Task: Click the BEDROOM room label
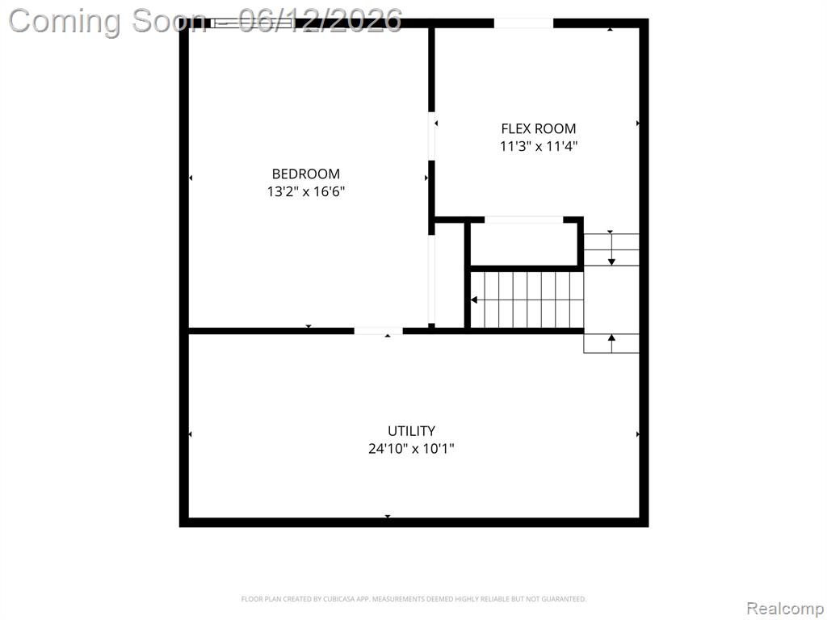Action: pos(306,174)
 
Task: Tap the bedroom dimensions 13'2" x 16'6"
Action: pos(306,191)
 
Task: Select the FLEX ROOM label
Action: pos(539,128)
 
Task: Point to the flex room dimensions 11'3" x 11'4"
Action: pos(539,146)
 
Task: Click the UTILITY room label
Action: pos(411,431)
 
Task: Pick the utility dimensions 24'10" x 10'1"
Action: pos(411,449)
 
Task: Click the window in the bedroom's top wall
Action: pos(252,23)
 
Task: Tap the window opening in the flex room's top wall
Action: pos(523,23)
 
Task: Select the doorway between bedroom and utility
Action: pos(378,331)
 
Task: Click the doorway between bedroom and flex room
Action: pos(431,136)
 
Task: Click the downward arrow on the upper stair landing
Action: pos(612,249)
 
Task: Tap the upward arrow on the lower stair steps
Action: pos(612,343)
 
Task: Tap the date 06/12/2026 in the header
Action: pos(320,21)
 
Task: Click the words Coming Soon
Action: pos(108,22)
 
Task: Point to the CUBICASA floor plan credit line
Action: pos(414,599)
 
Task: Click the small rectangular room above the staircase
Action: pos(523,245)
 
